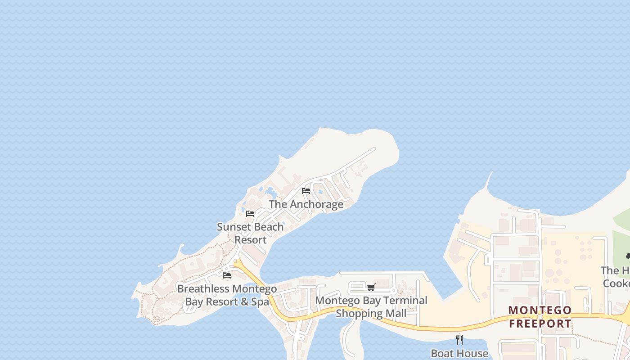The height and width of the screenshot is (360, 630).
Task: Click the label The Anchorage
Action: (306, 204)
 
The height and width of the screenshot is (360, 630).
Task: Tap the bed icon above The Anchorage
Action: (306, 191)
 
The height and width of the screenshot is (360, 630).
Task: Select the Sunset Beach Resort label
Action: (250, 233)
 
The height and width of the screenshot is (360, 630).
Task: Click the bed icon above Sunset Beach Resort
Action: (250, 214)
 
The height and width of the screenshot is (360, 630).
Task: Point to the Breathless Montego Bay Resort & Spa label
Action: (227, 295)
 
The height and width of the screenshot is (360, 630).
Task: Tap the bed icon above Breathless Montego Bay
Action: (227, 275)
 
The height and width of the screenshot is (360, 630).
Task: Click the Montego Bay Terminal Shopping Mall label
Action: (371, 306)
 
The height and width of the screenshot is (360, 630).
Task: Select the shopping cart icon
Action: (371, 287)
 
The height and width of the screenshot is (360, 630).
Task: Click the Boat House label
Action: (459, 353)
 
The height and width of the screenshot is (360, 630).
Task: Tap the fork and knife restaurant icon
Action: (459, 340)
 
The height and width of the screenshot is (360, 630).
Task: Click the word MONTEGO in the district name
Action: (540, 310)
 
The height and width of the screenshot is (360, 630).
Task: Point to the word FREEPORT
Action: (540, 323)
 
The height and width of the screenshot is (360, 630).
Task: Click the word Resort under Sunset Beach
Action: (251, 240)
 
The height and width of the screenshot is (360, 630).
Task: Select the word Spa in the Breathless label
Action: (260, 302)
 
